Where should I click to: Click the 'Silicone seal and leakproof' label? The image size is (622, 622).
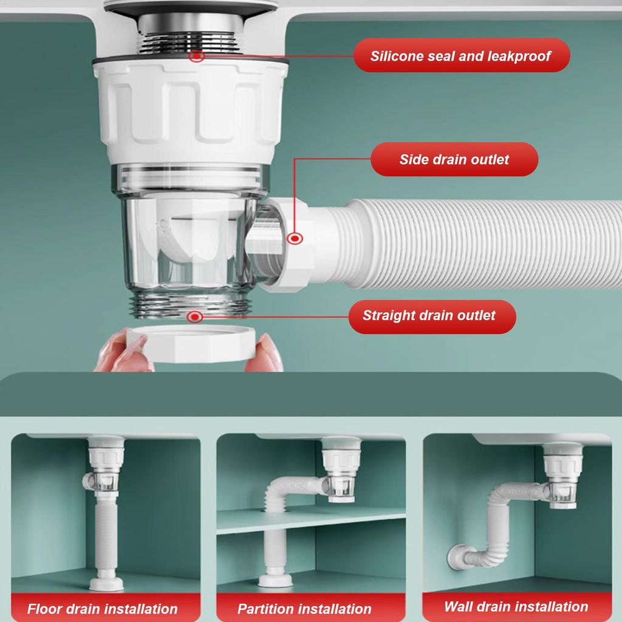(x=461, y=56)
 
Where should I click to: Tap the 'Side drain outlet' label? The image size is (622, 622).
(x=454, y=160)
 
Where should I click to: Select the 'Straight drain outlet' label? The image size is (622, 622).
(x=429, y=316)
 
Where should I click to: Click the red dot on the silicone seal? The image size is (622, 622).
(x=196, y=56)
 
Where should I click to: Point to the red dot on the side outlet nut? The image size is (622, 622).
(x=295, y=239)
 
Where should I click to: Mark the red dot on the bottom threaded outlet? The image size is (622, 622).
(x=194, y=316)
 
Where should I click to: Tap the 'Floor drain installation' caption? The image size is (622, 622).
(x=102, y=609)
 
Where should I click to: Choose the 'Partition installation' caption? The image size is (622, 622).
(x=304, y=609)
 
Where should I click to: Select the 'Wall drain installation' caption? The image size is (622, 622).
(x=516, y=606)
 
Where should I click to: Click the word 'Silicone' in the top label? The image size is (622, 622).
(x=397, y=56)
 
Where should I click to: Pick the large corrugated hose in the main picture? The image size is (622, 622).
(x=480, y=243)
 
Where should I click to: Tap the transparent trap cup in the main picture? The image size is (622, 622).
(x=188, y=243)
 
